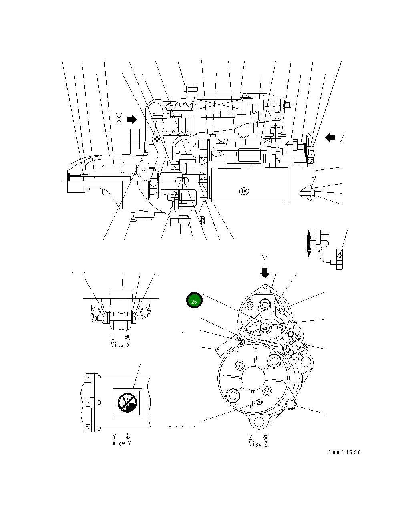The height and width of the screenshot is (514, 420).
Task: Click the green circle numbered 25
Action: pos(194,301)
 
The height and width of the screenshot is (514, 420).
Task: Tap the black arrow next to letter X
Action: pos(132,119)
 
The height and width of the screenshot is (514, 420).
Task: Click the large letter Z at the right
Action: pos(342,138)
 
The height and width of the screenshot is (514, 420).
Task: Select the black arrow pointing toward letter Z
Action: pos(330,138)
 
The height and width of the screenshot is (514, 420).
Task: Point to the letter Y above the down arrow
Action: pos(264,258)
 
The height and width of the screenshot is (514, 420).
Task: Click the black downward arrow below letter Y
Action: pos(265,273)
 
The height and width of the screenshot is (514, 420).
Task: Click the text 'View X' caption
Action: pos(121,345)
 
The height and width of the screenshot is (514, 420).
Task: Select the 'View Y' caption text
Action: pos(122,443)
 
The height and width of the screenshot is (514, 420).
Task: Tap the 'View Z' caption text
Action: pos(258,444)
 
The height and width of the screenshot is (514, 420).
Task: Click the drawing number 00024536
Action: pos(344,452)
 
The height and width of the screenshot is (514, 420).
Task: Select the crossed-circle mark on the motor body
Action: pos(244,192)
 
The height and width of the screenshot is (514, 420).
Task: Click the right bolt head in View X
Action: pos(145,312)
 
